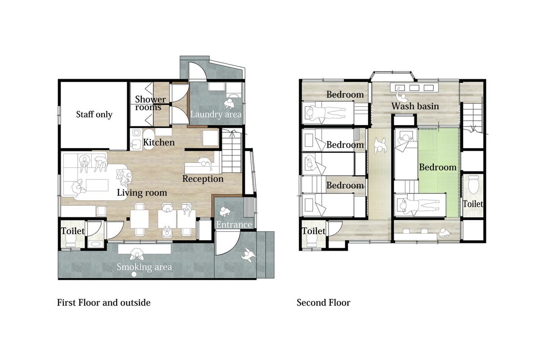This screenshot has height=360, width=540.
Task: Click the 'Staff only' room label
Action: click(94, 115)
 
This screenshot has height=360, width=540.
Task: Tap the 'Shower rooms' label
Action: click(150, 103)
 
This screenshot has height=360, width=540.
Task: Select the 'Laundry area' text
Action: click(216, 115)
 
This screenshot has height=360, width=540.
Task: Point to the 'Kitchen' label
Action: click(158, 142)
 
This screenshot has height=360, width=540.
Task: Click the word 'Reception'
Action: click(203, 179)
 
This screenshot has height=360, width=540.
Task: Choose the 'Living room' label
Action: click(142, 193)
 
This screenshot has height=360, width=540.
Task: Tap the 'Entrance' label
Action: click(234, 225)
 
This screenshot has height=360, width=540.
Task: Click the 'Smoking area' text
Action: click(144, 267)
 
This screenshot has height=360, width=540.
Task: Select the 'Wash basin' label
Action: click(415, 106)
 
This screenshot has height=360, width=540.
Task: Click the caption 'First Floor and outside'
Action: click(103, 302)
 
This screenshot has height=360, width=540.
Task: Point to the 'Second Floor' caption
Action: click(323, 302)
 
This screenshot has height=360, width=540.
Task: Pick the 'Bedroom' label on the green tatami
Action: click(437, 167)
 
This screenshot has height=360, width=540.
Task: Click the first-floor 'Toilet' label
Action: click(72, 231)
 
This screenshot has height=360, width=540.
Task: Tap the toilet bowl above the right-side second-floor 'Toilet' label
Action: click(473, 184)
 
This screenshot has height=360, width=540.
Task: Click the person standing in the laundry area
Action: click(229, 103)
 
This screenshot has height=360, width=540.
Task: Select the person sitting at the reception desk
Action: click(205, 162)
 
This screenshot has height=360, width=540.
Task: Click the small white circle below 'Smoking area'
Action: click(134, 274)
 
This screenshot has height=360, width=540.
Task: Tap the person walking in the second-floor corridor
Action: click(380, 146)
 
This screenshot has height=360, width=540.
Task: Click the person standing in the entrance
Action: click(225, 211)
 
